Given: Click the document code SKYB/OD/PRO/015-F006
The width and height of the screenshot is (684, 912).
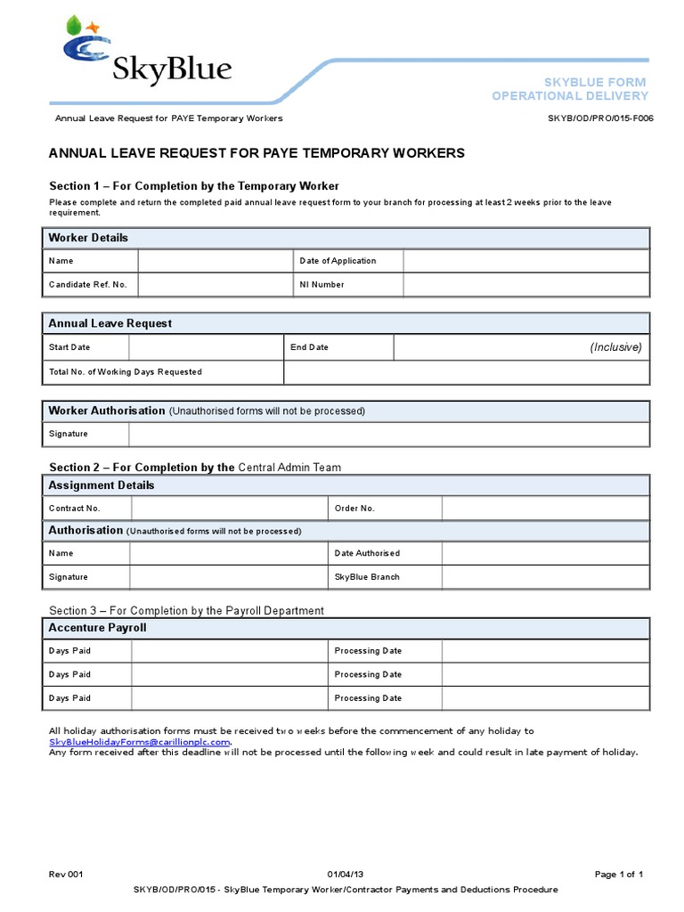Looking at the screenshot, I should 600,118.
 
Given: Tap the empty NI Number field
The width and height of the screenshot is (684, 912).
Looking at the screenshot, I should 525,285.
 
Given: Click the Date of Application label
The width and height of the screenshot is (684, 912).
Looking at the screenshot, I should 338,261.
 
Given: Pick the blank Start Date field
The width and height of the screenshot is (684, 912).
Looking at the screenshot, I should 205,347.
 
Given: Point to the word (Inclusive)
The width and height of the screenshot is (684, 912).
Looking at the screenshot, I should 615,347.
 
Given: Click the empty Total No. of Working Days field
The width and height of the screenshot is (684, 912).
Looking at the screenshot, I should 466,371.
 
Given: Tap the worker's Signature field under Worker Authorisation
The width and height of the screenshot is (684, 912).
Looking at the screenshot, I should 388,434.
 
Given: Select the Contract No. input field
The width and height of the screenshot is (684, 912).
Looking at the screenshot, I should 229,509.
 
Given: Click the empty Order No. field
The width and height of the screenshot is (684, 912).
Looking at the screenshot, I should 545,509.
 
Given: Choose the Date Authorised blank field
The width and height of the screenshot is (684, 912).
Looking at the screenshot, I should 545,553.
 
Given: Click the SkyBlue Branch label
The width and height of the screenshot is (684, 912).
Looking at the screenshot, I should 367,577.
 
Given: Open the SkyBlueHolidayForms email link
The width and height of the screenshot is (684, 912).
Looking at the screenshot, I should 140,742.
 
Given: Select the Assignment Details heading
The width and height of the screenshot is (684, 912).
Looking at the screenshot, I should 101,485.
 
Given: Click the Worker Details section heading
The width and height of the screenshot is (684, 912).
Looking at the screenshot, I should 88,238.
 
